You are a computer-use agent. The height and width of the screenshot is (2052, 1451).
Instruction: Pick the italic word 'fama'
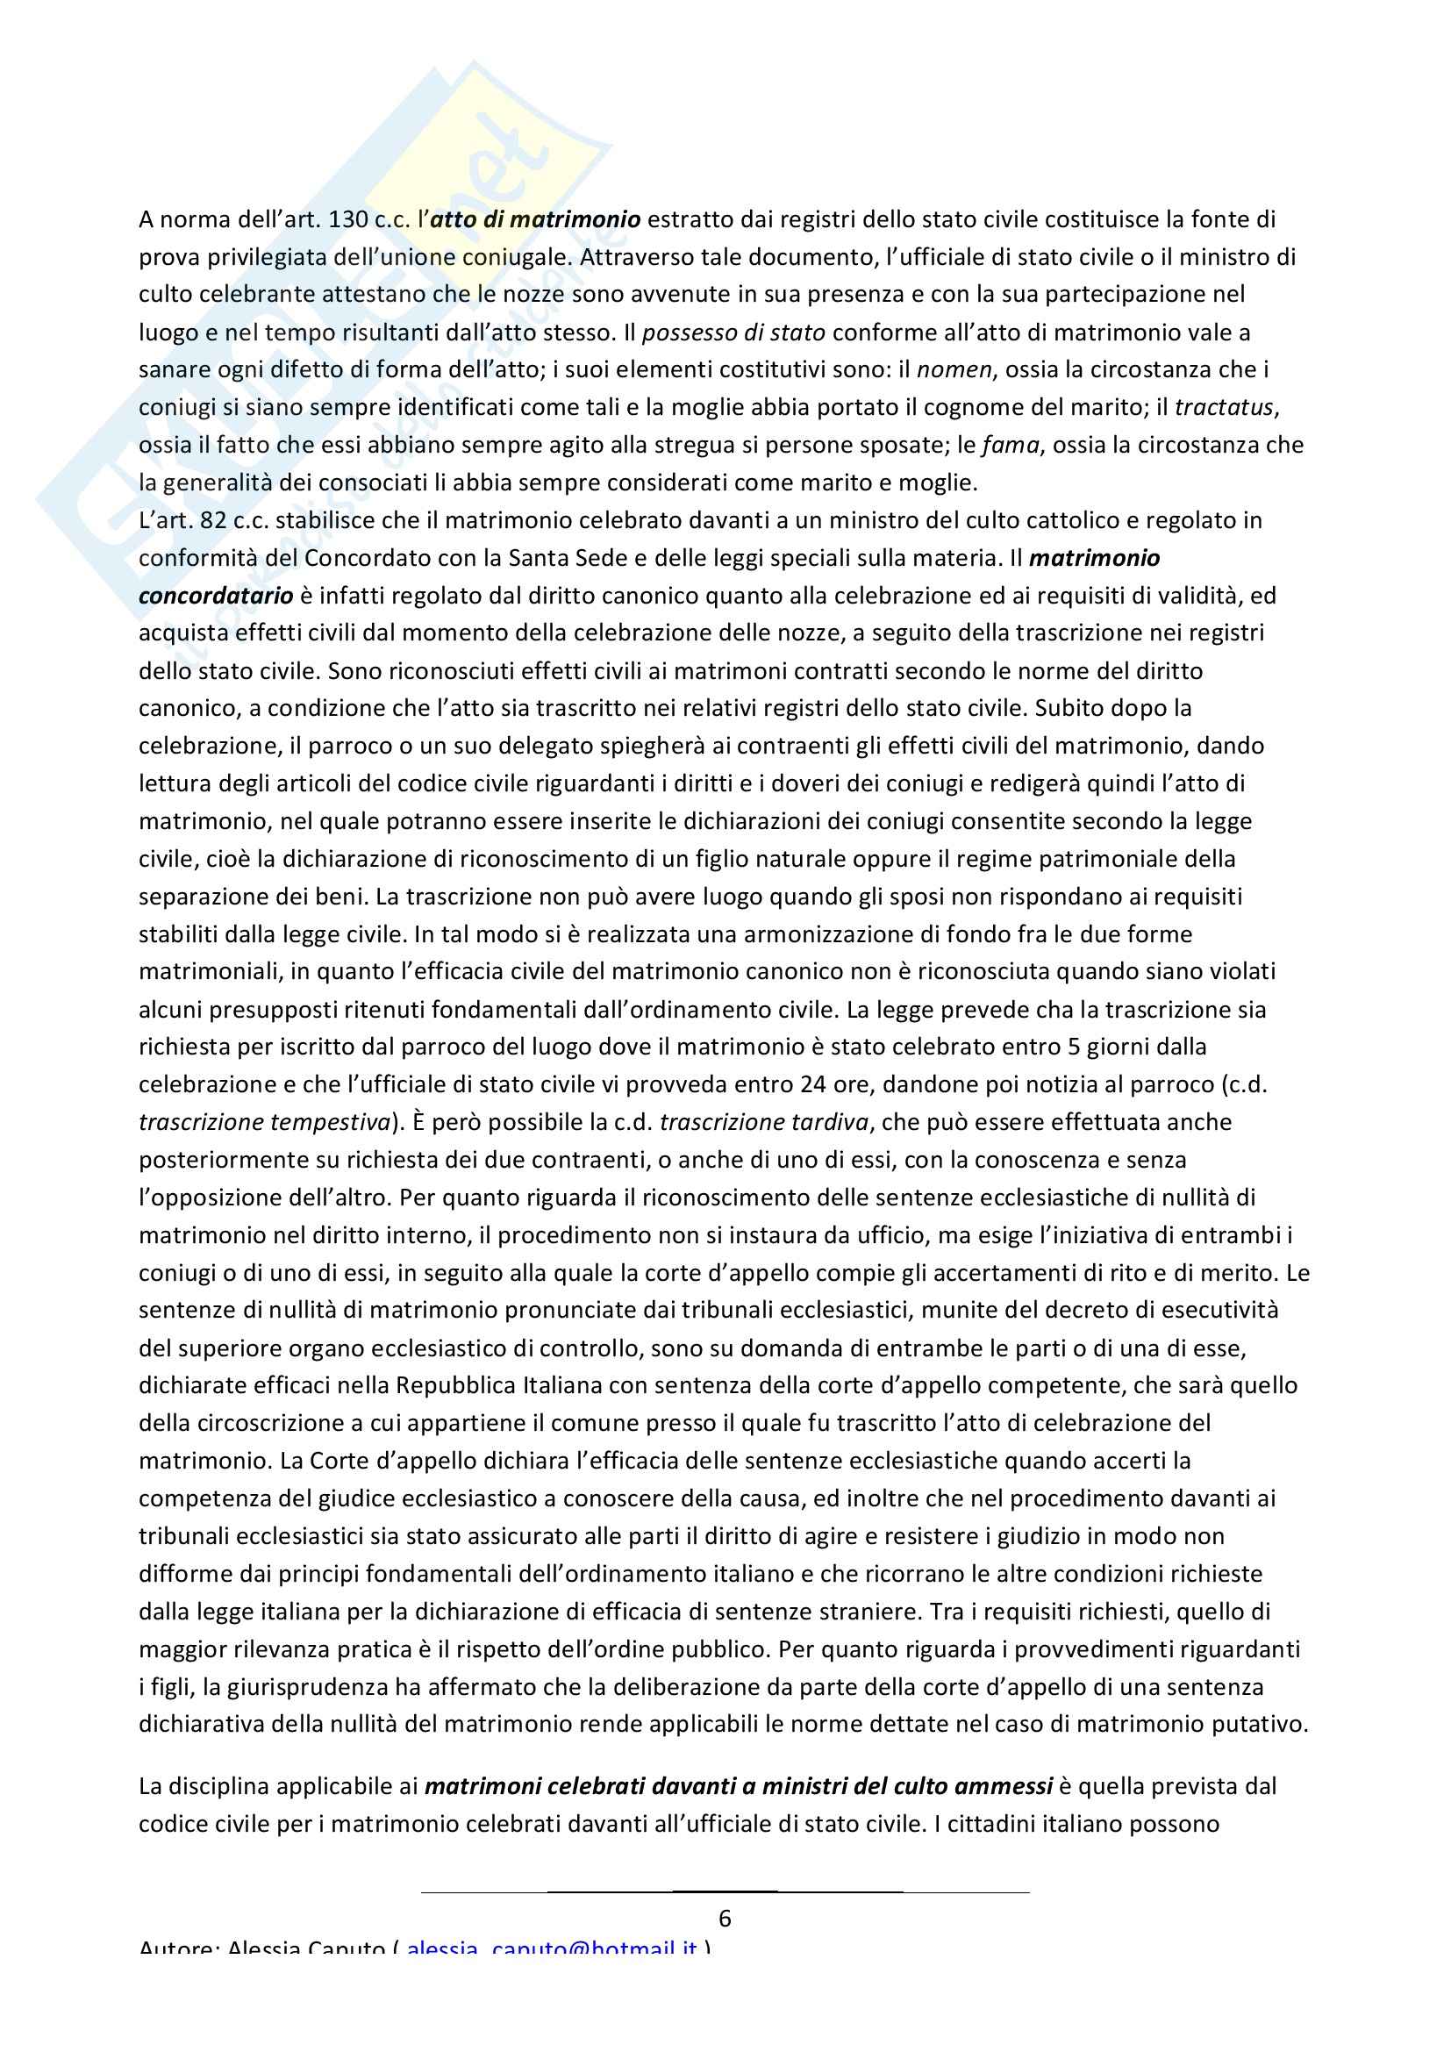click(x=1010, y=445)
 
